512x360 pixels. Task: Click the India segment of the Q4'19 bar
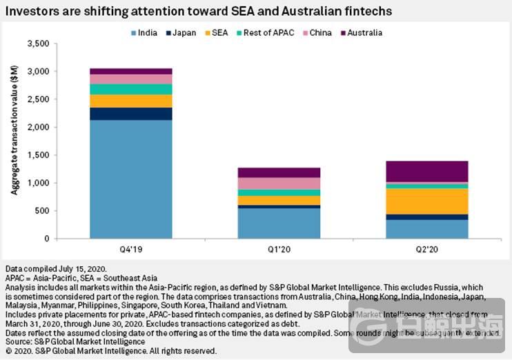(x=131, y=179)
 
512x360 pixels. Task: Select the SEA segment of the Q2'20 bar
(x=427, y=201)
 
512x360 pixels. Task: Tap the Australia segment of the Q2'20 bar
(x=427, y=171)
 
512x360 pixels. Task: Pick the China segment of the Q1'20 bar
(x=279, y=183)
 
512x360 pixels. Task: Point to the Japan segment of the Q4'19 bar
(x=131, y=114)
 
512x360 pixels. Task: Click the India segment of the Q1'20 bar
(x=279, y=223)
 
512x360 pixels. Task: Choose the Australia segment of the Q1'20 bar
(x=279, y=172)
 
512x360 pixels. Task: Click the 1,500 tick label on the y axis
(x=37, y=155)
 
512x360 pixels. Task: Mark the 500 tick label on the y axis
(x=41, y=211)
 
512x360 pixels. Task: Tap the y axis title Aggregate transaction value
(x=14, y=138)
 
